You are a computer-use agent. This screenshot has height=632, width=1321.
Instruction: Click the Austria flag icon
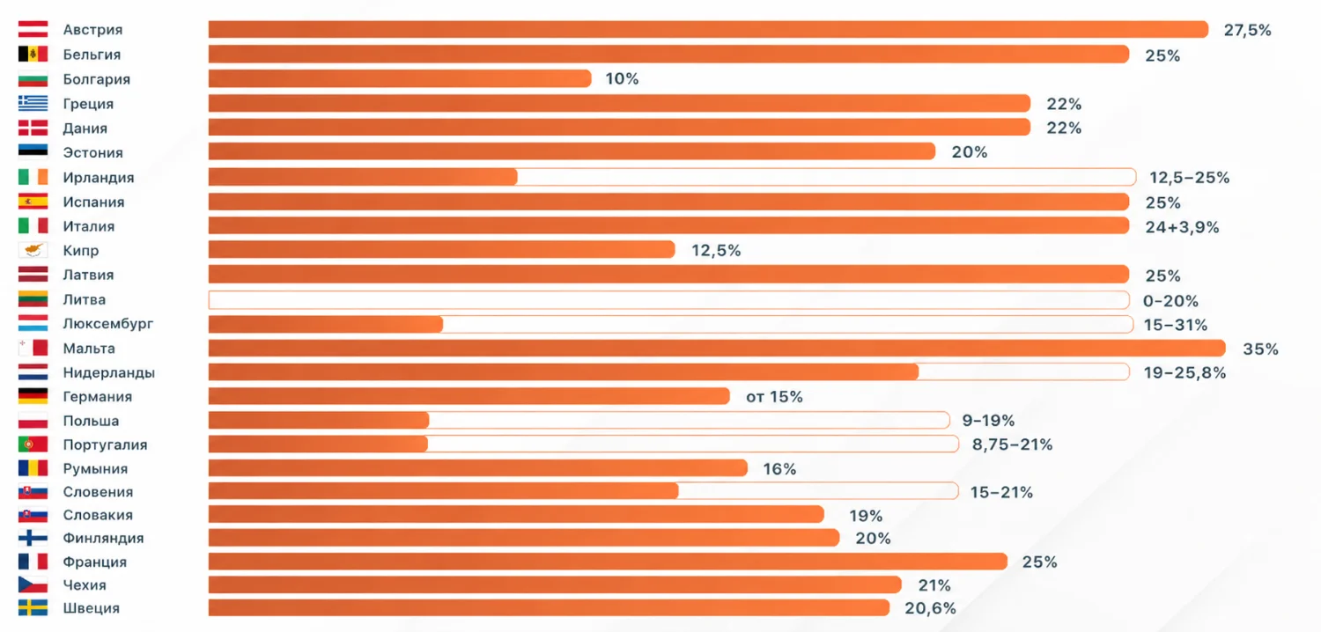tap(33, 29)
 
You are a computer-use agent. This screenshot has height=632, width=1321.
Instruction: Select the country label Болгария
tap(97, 79)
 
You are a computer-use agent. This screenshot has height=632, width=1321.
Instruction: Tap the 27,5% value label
tap(1247, 30)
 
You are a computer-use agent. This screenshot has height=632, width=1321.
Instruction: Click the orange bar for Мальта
tap(717, 349)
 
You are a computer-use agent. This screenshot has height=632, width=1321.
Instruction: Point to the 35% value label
tap(1260, 349)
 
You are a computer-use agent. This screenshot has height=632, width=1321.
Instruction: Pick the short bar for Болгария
tap(400, 78)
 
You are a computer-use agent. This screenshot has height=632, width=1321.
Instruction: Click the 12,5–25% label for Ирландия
tap(1189, 178)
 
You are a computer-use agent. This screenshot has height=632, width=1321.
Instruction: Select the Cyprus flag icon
tap(33, 251)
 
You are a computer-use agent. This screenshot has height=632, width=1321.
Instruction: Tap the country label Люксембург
tap(108, 324)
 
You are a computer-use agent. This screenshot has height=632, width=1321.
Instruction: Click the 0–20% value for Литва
tap(1170, 301)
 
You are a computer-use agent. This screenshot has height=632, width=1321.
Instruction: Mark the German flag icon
tap(33, 396)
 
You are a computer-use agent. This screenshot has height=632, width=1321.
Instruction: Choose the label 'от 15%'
tap(774, 397)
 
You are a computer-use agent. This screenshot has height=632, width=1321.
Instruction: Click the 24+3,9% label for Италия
tap(1182, 227)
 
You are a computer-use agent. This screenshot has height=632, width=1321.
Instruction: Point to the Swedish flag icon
tap(33, 608)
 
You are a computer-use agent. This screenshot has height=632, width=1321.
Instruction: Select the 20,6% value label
tap(930, 608)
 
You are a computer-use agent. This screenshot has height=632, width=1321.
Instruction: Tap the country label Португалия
tap(105, 445)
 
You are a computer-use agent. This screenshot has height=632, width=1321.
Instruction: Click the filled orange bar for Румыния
tap(477, 468)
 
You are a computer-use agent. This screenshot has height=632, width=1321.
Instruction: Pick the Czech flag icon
tap(33, 584)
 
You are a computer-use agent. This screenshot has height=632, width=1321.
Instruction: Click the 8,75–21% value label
tap(1012, 445)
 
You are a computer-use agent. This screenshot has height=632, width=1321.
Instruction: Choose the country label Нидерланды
tap(109, 372)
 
